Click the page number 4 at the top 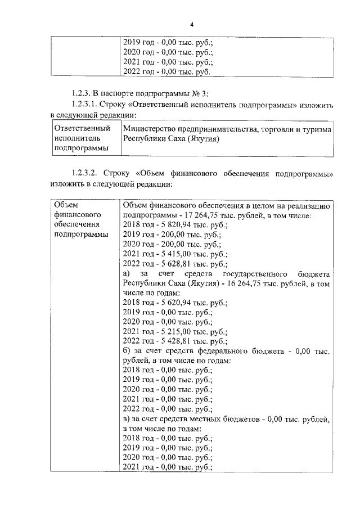192,25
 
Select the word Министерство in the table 148,129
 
